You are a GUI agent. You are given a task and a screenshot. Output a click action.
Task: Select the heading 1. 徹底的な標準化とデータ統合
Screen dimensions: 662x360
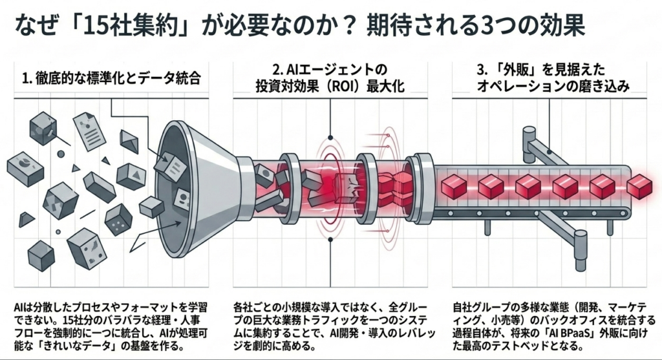(111, 78)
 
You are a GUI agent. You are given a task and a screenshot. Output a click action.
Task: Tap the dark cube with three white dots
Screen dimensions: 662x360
(119, 220)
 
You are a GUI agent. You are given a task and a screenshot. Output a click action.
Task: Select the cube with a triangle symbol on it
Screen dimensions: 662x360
(131, 176)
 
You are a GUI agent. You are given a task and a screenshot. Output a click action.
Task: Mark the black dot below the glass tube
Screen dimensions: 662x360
(330, 239)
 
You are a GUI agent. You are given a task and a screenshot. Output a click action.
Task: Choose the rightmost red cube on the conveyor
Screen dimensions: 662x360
(639, 186)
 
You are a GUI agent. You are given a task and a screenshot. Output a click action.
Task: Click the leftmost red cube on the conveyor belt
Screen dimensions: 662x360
(454, 186)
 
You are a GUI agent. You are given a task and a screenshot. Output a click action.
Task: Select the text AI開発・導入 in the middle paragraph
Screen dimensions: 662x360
(359, 334)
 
